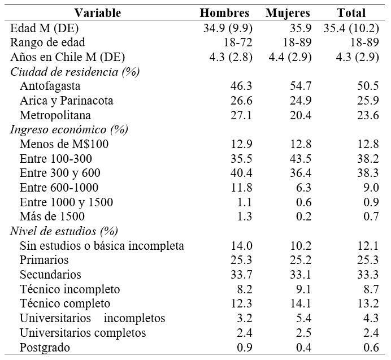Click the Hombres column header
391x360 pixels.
click(x=224, y=12)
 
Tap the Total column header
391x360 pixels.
click(x=351, y=12)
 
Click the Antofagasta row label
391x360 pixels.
click(x=50, y=86)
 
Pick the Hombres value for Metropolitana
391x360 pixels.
click(x=241, y=115)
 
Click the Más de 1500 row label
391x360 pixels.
click(x=52, y=216)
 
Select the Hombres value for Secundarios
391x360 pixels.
click(x=241, y=275)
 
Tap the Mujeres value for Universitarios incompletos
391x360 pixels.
click(x=299, y=318)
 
